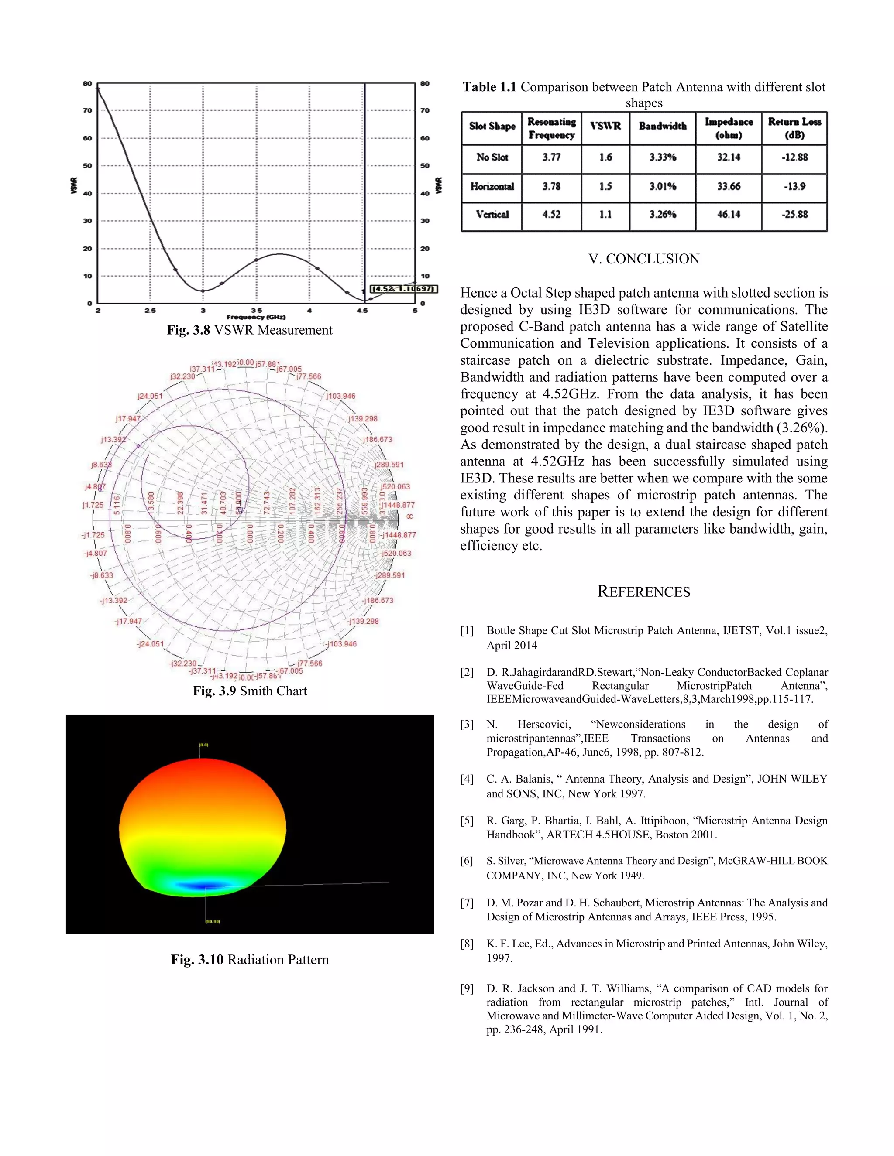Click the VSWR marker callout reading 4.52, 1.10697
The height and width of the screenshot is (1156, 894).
tap(404, 288)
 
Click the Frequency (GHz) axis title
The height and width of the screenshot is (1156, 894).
tap(256, 317)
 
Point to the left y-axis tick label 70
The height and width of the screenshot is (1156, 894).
tap(87, 111)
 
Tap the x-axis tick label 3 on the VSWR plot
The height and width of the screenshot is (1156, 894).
tap(203, 311)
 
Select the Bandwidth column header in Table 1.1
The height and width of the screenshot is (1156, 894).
tap(662, 126)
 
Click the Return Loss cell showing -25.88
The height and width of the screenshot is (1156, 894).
tap(794, 214)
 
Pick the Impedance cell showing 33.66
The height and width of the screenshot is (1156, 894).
tap(728, 186)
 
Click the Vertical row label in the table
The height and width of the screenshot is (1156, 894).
tap(492, 214)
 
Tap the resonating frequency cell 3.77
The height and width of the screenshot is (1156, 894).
tap(551, 157)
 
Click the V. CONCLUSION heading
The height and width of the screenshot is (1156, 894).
tap(643, 259)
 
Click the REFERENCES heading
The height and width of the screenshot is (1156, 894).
tap(643, 592)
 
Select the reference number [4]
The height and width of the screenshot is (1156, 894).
tap(467, 779)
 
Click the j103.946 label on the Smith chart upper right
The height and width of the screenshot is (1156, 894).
tap(340, 396)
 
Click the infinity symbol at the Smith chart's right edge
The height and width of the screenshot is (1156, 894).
tap(409, 516)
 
